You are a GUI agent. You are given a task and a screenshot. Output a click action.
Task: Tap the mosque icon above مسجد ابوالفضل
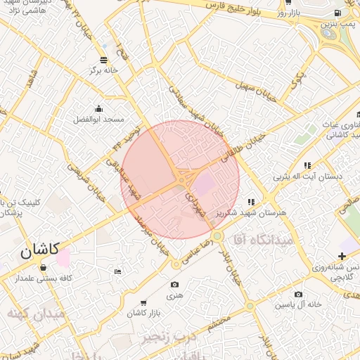98,108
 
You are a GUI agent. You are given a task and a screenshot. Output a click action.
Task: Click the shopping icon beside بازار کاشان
144,302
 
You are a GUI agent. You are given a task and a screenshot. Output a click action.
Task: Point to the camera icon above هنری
174,284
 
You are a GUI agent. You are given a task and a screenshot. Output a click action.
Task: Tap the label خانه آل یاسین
298,304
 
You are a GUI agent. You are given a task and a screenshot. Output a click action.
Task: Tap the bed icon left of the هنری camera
117,271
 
